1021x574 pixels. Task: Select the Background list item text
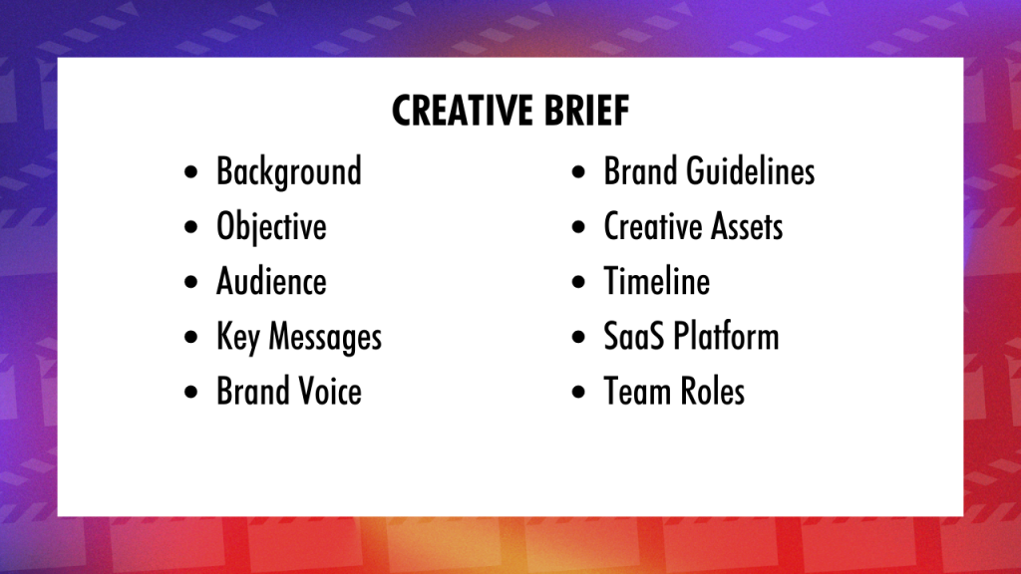(288, 171)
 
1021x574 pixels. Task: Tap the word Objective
(271, 228)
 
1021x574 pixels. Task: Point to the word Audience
(271, 282)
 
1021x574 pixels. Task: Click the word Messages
(325, 337)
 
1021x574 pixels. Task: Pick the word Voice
(329, 392)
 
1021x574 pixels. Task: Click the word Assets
(747, 227)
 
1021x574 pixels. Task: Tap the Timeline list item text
(656, 282)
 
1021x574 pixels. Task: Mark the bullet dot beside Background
(190, 172)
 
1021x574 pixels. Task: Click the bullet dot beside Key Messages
(190, 337)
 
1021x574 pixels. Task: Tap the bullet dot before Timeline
(578, 282)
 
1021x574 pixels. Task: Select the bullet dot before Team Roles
(578, 392)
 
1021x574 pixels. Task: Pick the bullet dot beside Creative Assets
(578, 227)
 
